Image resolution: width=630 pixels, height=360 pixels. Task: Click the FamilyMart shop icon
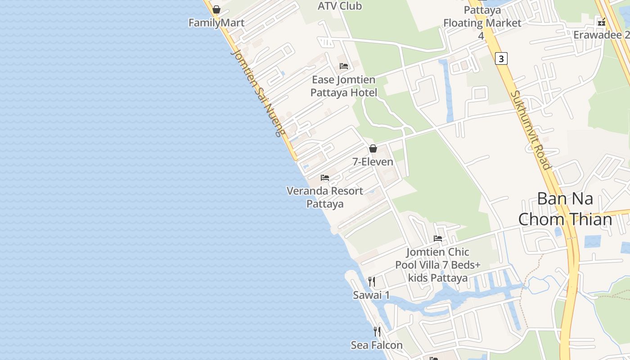tap(216, 9)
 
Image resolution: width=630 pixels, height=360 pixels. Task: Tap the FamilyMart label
tap(216, 23)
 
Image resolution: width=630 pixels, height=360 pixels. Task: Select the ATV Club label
tap(340, 6)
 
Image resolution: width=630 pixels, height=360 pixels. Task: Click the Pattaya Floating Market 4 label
tap(482, 22)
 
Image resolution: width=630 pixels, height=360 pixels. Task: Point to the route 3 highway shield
tap(501, 58)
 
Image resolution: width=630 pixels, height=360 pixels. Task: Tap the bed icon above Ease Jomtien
tap(344, 66)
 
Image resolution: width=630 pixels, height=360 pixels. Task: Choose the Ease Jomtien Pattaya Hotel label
tap(344, 86)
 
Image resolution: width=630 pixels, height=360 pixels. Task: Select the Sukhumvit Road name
tap(531, 130)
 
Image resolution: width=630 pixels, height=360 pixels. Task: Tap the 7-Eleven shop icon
tap(373, 148)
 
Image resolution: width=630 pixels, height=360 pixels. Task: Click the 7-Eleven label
tap(373, 162)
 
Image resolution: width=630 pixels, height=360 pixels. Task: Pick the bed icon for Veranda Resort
tap(325, 178)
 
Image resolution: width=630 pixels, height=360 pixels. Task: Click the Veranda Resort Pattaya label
tap(325, 197)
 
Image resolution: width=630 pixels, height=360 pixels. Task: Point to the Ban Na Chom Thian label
tap(565, 209)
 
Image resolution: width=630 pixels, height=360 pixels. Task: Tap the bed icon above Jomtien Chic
tap(438, 238)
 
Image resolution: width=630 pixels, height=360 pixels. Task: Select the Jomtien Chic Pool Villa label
tap(438, 265)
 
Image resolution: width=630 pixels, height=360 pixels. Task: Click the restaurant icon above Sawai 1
tap(372, 282)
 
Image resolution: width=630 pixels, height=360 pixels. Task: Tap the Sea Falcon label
tap(377, 345)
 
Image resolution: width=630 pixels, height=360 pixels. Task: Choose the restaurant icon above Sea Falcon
tap(377, 332)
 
